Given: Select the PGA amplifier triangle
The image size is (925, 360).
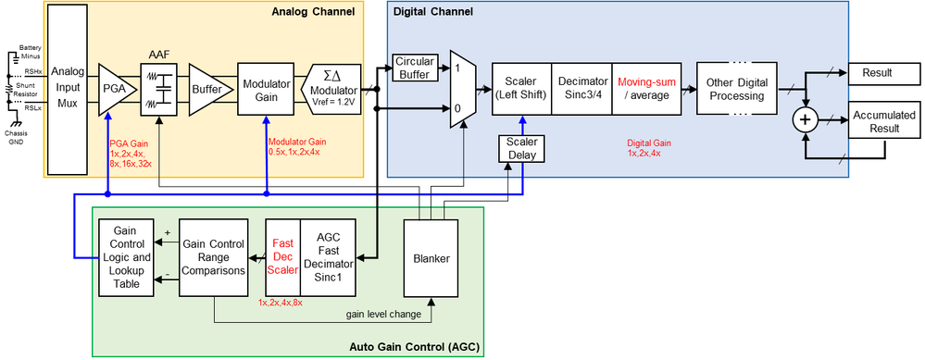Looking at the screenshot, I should [115, 90].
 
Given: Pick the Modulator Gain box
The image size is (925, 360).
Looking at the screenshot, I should [267, 90].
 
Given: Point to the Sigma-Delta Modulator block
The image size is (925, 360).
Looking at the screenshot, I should [331, 90].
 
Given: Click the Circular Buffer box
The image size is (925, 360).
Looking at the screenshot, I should [415, 67].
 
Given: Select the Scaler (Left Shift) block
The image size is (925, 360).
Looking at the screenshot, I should [520, 89].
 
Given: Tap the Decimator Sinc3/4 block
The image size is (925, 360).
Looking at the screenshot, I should [581, 89].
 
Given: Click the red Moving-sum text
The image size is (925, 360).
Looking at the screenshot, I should [645, 82].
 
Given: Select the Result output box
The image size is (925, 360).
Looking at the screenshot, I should [876, 72].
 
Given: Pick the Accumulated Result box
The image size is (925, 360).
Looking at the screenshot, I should [876, 121].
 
